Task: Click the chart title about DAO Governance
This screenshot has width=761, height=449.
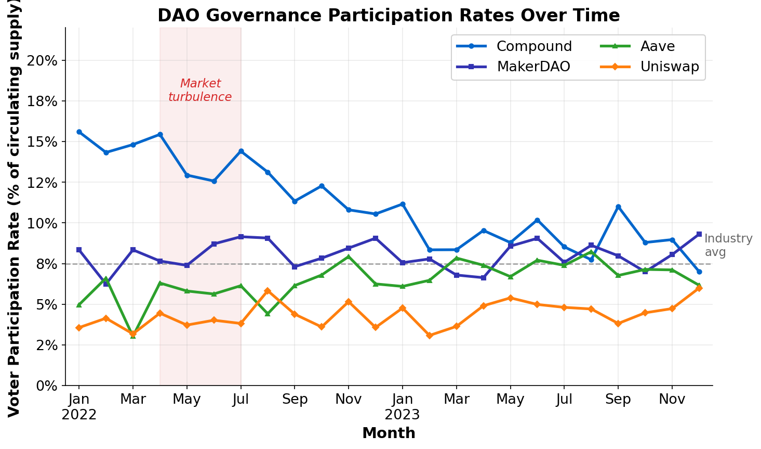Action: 389,15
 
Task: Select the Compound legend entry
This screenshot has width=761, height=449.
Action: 533,46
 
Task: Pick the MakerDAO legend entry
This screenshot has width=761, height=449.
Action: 533,67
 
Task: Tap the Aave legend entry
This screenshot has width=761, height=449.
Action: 657,46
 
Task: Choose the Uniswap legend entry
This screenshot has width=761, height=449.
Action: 669,67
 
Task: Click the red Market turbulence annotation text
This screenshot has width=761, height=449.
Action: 200,90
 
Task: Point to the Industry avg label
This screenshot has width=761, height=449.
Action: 728,245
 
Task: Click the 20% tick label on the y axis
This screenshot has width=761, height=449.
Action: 42,60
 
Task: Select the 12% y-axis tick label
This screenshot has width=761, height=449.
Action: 42,183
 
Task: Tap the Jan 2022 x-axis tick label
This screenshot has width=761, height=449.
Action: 79,407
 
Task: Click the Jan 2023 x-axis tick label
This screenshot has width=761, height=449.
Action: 402,407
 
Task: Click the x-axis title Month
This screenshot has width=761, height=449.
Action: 389,433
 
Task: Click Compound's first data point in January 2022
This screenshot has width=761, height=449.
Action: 79,132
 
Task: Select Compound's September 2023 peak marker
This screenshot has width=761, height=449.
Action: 618,207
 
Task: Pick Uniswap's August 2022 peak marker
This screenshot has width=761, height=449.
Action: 268,290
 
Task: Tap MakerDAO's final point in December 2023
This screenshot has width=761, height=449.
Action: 699,234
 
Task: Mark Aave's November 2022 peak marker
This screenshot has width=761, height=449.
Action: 349,256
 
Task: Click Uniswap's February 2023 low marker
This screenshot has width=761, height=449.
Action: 429,336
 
